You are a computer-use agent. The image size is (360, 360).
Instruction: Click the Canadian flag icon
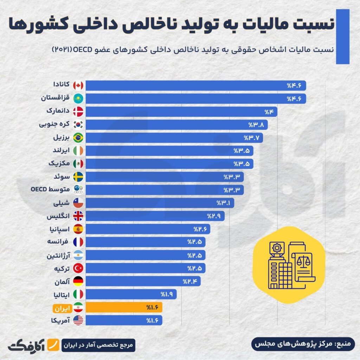coord(78,85)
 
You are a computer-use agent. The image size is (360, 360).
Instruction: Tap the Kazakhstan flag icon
coord(78,98)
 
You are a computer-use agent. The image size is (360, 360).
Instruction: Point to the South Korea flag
coord(78,124)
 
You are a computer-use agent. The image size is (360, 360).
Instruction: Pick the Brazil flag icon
coord(78,137)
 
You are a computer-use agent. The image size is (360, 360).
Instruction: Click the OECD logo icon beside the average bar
coord(78,190)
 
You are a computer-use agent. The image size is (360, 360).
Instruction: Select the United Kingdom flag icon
coord(78,216)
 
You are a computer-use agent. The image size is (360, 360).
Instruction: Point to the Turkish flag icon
coord(78,268)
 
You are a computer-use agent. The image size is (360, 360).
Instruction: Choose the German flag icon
coord(78,281)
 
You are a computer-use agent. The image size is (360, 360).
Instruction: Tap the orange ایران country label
coord(62,308)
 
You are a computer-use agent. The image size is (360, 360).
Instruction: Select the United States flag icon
coord(78,320)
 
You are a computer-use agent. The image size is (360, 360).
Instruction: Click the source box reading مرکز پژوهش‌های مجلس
coord(303,344)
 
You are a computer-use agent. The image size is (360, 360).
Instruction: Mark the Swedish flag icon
coord(78,176)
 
